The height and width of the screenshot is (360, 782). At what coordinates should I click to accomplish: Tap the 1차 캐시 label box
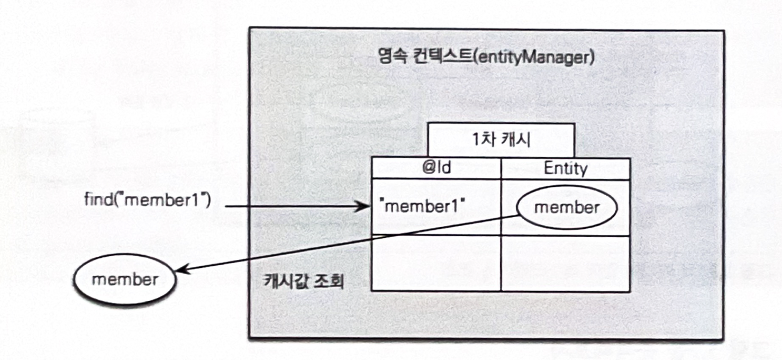click(x=501, y=140)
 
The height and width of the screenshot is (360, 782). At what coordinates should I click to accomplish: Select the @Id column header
click(x=436, y=169)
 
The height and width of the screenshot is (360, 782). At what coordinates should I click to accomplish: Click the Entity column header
click(x=565, y=169)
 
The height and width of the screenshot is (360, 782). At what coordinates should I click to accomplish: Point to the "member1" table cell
click(x=422, y=207)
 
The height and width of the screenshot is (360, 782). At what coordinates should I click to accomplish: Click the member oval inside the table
click(x=567, y=208)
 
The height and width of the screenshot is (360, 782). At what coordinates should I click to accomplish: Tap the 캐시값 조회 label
click(x=304, y=281)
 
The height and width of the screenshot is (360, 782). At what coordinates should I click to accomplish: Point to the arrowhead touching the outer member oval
click(x=180, y=271)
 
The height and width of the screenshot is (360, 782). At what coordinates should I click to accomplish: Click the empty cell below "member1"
click(x=436, y=263)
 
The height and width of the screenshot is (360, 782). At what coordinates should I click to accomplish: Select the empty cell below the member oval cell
click(x=565, y=263)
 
